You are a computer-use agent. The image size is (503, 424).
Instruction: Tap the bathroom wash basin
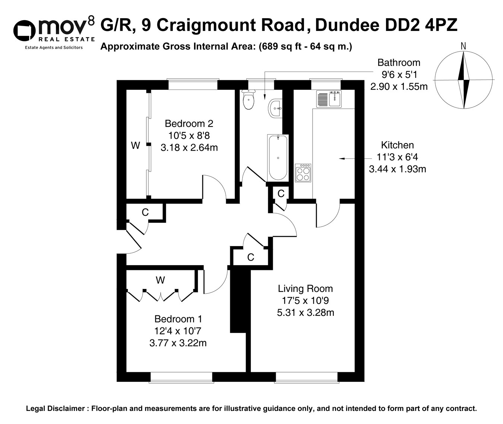tap(275, 109)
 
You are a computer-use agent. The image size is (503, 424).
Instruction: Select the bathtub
tap(278, 157)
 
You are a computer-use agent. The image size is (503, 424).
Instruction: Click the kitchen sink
tap(329, 99)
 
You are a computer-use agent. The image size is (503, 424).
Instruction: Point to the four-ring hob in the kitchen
tap(303, 173)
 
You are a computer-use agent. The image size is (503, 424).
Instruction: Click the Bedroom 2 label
tap(189, 123)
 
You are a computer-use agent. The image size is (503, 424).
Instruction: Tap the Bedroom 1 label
tap(178, 319)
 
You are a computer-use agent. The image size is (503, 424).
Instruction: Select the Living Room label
tap(305, 289)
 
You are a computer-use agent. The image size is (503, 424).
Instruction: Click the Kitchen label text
tap(397, 145)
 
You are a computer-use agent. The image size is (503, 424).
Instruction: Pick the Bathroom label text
tap(399, 63)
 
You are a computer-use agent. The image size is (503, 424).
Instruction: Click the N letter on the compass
tap(464, 46)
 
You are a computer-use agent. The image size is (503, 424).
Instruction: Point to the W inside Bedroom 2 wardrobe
tap(136, 145)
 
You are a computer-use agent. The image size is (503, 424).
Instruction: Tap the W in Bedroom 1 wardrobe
tap(160, 280)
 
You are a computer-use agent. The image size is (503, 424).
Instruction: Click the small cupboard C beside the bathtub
tap(281, 194)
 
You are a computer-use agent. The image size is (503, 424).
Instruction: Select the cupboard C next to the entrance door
tap(145, 212)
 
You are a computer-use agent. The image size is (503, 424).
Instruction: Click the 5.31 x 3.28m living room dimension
tap(305, 312)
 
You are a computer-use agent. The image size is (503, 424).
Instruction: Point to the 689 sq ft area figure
tap(278, 47)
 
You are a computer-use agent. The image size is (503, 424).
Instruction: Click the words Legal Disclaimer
tap(56, 408)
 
